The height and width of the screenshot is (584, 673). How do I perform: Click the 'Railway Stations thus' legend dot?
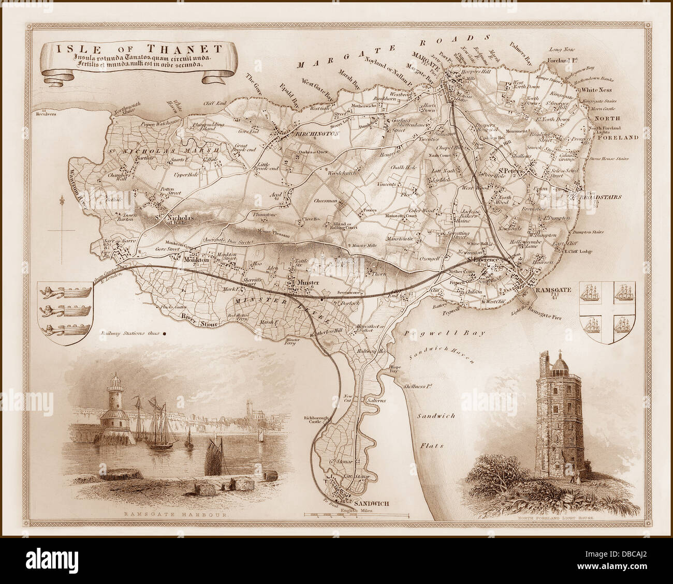[164, 334]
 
